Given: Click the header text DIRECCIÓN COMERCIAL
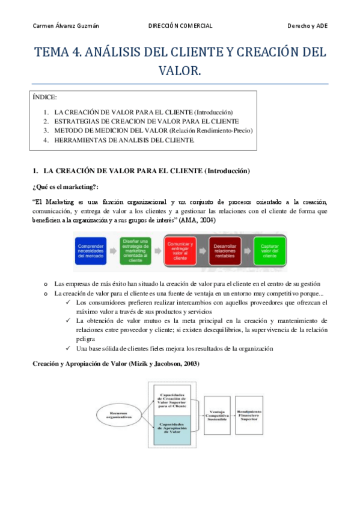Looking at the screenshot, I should click(x=180, y=25).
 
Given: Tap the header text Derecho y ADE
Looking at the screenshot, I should click(x=308, y=25).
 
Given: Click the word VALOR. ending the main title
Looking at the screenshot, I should click(x=180, y=71).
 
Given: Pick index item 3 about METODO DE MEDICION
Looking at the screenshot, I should click(x=153, y=130).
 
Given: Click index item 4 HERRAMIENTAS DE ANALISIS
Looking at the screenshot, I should click(x=124, y=140).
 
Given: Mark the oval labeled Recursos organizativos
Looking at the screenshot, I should click(x=120, y=415).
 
